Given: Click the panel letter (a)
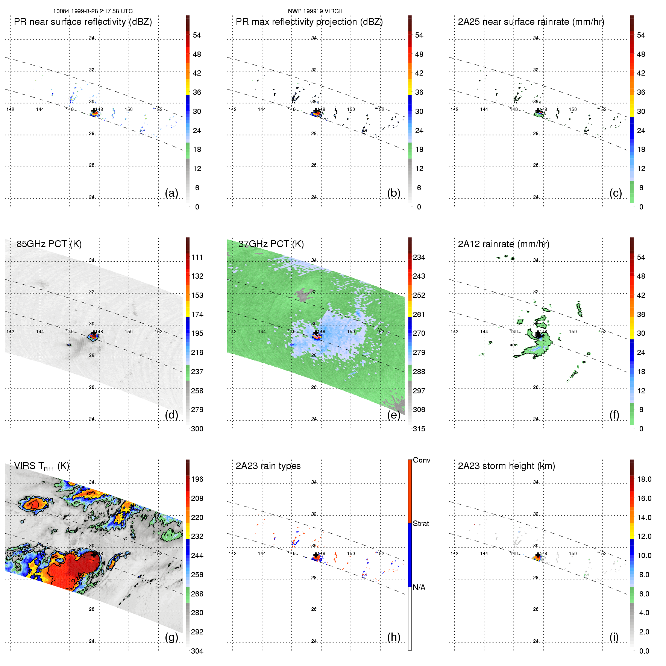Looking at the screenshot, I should click(x=171, y=193).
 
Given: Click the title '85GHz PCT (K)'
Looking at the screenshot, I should click(x=49, y=244).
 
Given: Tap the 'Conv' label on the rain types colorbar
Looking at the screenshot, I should click(x=422, y=460).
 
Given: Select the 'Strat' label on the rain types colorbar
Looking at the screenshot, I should click(x=421, y=524).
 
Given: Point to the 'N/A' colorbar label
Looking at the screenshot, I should click(x=419, y=587).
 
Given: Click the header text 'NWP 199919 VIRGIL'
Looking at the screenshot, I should click(x=316, y=11).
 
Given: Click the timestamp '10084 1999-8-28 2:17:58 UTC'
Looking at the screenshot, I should click(x=93, y=11).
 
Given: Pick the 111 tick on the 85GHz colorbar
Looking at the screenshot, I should click(x=197, y=258).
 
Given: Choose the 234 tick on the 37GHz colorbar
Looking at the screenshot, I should click(x=419, y=258).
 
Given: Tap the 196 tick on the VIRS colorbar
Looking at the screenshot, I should click(x=197, y=479).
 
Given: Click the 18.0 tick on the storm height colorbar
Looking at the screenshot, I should click(x=644, y=479).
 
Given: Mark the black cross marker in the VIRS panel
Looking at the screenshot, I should click(x=94, y=555).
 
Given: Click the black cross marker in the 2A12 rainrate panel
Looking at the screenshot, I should click(x=538, y=334).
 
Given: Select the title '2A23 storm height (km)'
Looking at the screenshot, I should click(x=506, y=466).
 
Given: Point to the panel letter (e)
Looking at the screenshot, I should click(x=393, y=415).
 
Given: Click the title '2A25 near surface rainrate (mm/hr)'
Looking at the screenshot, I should click(x=531, y=22).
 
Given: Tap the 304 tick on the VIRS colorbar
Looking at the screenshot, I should click(x=197, y=651).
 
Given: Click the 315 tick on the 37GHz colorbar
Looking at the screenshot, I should click(x=419, y=429).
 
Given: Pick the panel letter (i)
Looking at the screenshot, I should click(x=614, y=637).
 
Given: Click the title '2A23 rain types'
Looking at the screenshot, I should click(x=268, y=466).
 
